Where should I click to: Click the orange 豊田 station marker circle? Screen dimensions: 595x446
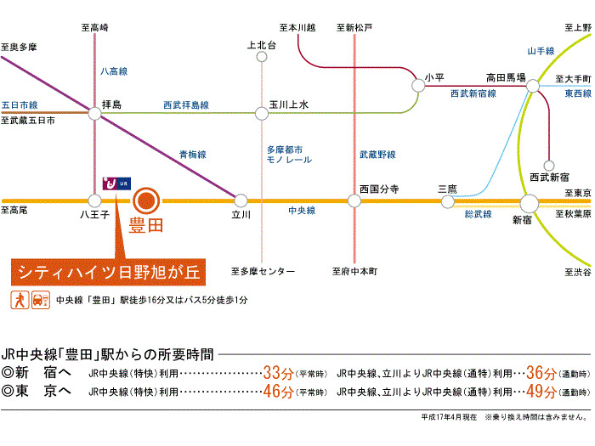click(146, 200)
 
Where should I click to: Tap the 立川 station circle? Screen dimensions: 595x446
click(241, 200)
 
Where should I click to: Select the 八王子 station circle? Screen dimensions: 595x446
click(94, 200)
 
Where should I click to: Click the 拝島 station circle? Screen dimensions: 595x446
click(95, 113)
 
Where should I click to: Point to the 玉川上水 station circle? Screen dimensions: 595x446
click(262, 113)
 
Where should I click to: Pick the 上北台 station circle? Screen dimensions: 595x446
click(262, 57)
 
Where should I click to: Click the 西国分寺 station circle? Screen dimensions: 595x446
click(354, 200)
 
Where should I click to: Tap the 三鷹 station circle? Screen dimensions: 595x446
click(448, 201)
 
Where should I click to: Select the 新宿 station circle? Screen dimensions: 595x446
click(529, 203)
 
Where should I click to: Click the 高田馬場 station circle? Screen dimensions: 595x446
click(533, 86)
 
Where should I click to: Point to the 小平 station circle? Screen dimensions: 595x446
click(418, 85)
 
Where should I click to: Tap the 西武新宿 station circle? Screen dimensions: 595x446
click(549, 166)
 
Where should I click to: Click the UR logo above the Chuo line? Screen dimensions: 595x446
click(117, 183)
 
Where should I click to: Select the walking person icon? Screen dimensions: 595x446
click(20, 300)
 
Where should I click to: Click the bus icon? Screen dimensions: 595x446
click(41, 300)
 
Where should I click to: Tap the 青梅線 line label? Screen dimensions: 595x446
click(193, 155)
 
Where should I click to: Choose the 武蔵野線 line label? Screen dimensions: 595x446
click(377, 155)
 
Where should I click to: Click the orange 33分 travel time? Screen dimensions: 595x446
click(278, 373)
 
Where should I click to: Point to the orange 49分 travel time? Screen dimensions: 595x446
click(541, 392)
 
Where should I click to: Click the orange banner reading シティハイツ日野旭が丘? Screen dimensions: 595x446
click(109, 272)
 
